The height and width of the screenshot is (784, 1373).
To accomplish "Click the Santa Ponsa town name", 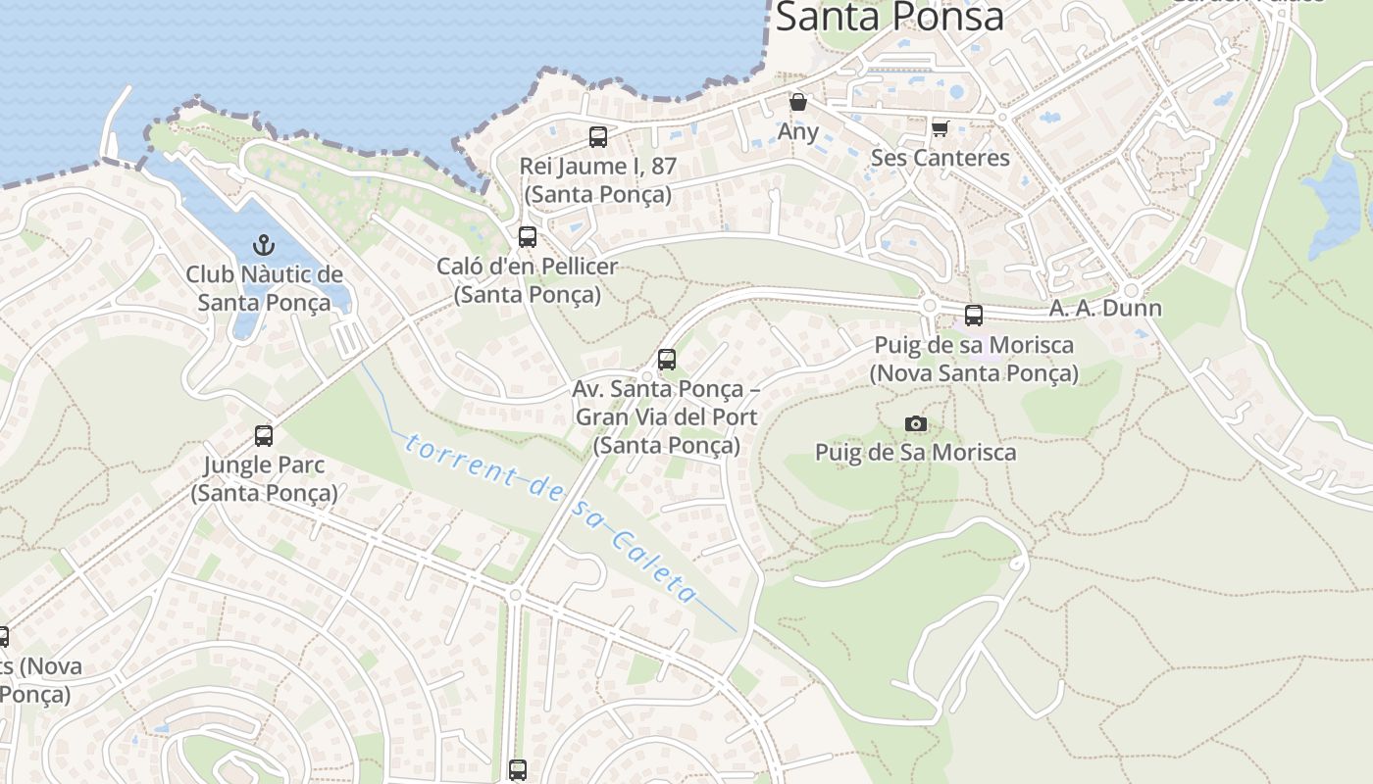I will (x=890, y=17).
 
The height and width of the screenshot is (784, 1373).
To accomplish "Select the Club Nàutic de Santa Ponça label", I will (x=264, y=288).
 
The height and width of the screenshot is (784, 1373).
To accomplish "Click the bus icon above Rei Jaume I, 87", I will (x=598, y=137).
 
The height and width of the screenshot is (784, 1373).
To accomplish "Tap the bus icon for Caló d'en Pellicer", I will (x=528, y=237).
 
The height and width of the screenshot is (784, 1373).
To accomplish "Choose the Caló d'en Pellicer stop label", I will (x=528, y=279).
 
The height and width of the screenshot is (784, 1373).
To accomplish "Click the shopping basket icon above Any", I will (x=798, y=102).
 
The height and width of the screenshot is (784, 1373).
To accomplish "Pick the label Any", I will (x=798, y=131).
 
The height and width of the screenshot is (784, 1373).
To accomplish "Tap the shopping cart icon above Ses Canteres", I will (x=941, y=128).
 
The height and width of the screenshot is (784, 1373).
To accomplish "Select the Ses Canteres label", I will (x=941, y=158).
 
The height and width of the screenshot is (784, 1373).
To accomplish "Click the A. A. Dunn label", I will (x=1105, y=308).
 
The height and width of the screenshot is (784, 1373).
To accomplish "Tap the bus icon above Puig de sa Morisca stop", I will (x=974, y=316).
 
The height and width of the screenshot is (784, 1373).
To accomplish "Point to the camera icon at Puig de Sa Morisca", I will (x=916, y=423).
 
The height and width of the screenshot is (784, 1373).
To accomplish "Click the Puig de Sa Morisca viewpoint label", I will (x=916, y=453).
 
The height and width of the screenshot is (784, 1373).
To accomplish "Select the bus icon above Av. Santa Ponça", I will (x=667, y=360).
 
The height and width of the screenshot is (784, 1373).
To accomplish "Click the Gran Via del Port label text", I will (x=666, y=417).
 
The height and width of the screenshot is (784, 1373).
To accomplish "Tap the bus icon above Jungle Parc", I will (x=264, y=436).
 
